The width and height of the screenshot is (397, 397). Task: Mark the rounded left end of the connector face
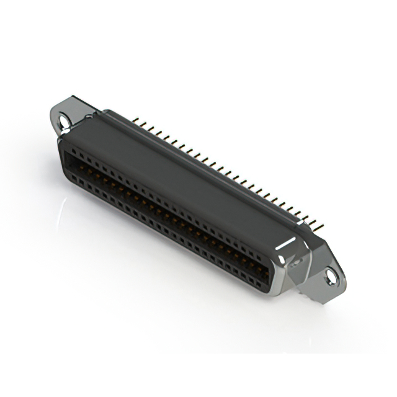tap(64, 158)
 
